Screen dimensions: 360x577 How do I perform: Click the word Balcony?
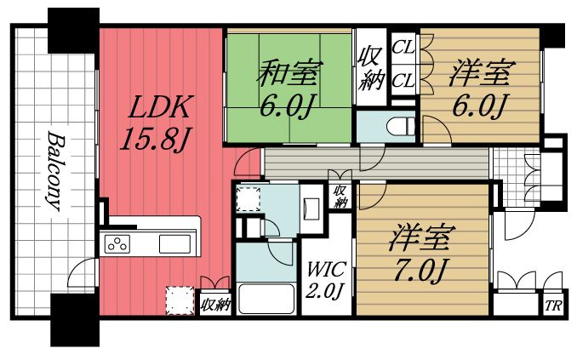tap(53, 170)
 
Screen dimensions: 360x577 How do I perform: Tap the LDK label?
tap(161, 108)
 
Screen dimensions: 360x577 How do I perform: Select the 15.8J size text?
tap(154, 140)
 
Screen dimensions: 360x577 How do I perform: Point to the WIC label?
tap(324, 270)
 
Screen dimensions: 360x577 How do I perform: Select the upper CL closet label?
tap(403, 48)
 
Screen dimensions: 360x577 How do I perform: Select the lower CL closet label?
tap(403, 80)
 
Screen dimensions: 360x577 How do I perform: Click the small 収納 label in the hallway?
tap(340, 197)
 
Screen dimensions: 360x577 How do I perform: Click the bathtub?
tap(266, 300)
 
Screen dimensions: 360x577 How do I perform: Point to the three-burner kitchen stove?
tap(117, 244)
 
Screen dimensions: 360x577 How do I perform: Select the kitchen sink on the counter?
tap(175, 244)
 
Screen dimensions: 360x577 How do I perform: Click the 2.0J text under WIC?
tap(324, 292)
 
